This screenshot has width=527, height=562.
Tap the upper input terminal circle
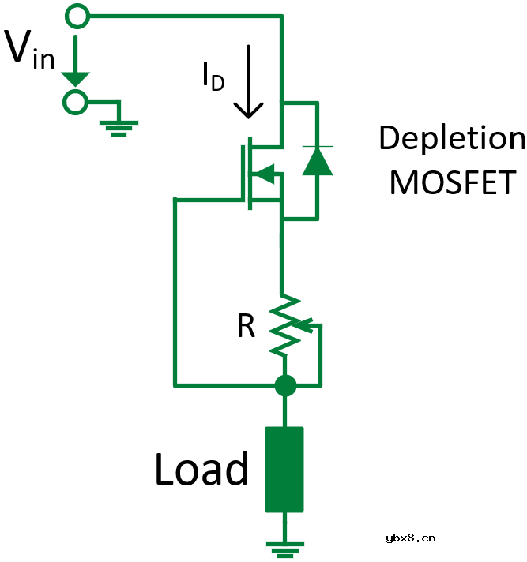tap(77, 15)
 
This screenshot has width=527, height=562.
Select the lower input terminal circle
tap(77, 102)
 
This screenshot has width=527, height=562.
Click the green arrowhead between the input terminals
tap(77, 78)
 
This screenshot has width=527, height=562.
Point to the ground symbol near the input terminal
tap(119, 126)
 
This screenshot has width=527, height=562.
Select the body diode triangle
tap(318, 161)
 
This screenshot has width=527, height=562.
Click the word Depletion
tap(451, 138)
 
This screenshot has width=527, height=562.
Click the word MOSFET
tap(452, 182)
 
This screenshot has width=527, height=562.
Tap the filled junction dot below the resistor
tap(284, 386)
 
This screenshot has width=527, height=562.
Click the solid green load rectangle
tap(284, 470)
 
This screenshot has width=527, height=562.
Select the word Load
tap(201, 470)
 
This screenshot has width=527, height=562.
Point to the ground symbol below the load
tap(284, 547)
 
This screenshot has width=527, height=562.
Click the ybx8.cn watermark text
tap(410, 538)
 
